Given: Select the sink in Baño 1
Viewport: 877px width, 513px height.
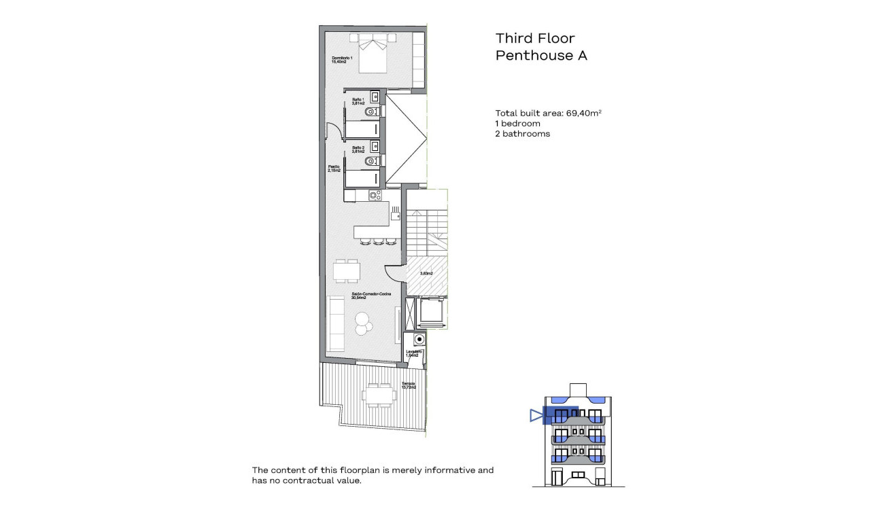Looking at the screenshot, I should (374, 96).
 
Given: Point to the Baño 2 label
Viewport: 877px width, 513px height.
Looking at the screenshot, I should (358, 149).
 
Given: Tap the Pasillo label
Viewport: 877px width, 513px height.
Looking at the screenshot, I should (334, 169).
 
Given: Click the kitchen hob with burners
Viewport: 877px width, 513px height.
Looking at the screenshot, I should (375, 196).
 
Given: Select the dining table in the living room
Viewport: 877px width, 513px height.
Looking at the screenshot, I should (347, 270).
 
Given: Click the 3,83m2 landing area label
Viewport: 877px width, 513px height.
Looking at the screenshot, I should (426, 273).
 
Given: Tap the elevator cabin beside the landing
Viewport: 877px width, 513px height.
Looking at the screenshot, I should (432, 313).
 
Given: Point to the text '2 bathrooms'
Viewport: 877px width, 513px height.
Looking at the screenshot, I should (522, 134).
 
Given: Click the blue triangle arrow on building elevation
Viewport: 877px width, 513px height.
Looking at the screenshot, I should (536, 415).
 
